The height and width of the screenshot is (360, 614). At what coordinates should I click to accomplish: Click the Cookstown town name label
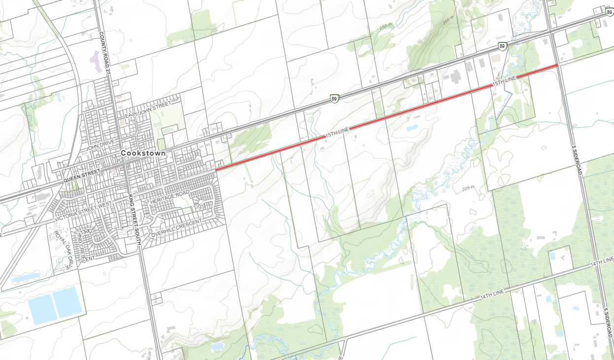[x=143, y=154]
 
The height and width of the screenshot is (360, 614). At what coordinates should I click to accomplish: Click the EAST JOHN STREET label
[x=147, y=109]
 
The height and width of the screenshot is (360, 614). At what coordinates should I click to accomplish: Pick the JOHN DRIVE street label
[x=101, y=145]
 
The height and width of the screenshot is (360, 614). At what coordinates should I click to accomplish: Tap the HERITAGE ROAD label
[x=170, y=197]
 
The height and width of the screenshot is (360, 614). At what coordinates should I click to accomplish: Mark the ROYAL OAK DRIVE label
[x=64, y=249]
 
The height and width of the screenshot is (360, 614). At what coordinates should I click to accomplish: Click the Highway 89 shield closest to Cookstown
[x=335, y=99]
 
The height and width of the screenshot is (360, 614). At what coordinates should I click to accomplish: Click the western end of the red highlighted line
[x=216, y=170]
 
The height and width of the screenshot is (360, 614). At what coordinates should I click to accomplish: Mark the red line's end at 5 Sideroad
[x=557, y=65]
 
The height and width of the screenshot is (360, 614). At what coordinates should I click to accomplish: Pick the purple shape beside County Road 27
[x=94, y=62]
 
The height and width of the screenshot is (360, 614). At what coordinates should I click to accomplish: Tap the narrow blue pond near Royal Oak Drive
[x=26, y=278]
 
